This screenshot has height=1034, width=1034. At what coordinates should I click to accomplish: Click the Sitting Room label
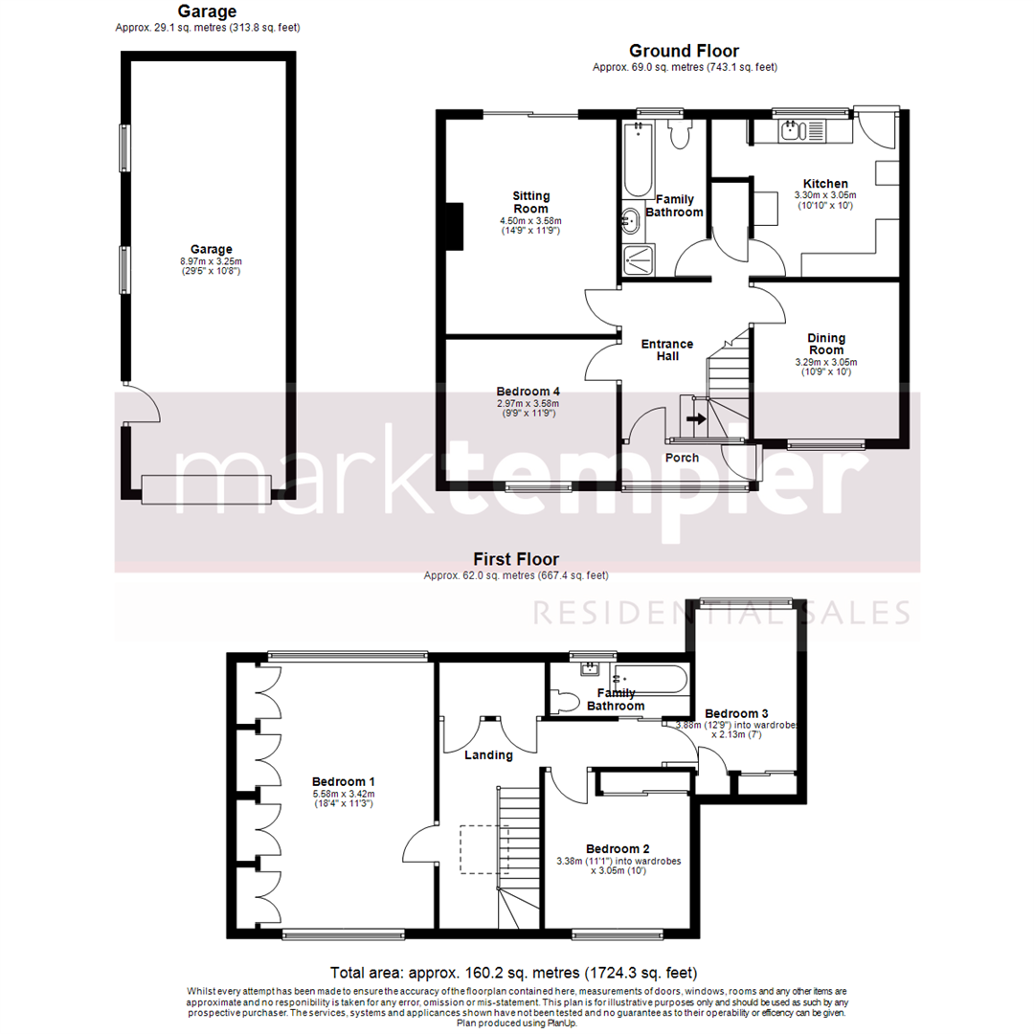[530, 202]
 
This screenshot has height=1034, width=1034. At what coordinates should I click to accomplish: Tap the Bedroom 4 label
[528, 392]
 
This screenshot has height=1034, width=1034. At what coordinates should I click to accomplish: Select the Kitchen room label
[825, 184]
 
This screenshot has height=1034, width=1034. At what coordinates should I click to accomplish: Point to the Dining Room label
[825, 344]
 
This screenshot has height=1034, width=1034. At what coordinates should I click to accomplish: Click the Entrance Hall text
[666, 349]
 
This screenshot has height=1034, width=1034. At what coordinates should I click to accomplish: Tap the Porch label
[682, 458]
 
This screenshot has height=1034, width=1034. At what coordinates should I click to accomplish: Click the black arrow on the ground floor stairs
[696, 418]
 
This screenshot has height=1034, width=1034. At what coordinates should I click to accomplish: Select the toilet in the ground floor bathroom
[681, 136]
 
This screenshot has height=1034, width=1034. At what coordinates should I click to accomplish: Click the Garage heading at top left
[206, 11]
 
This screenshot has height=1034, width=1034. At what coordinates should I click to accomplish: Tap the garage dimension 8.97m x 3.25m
[211, 261]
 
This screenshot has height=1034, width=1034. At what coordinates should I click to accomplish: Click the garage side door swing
[144, 406]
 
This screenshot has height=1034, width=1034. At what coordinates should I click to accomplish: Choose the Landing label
[488, 754]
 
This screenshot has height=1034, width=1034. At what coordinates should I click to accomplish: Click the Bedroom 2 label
[618, 848]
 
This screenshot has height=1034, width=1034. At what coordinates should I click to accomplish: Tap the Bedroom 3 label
[736, 713]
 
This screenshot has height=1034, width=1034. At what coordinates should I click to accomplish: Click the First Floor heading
[516, 559]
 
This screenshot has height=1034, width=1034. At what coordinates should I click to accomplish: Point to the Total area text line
[513, 972]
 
